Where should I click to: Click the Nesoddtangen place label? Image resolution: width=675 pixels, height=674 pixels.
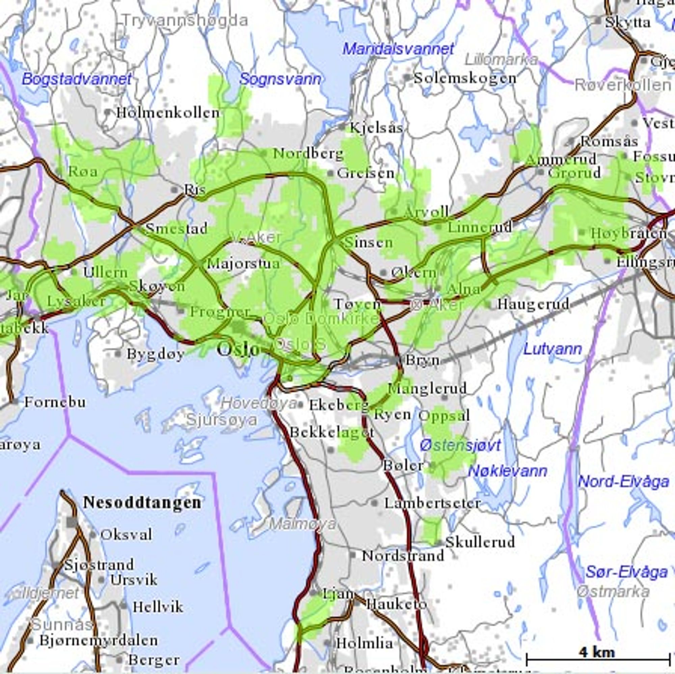142,503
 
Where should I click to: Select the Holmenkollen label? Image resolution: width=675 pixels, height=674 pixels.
168,113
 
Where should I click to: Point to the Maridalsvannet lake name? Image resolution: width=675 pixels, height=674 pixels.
398,49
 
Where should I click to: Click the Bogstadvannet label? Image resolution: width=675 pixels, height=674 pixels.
77,79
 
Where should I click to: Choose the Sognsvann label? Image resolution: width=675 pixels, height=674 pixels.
280,79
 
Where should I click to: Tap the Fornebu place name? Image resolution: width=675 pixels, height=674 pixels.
55,402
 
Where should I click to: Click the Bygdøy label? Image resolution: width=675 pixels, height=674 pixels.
156,354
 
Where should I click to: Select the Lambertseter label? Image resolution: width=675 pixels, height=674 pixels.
433,503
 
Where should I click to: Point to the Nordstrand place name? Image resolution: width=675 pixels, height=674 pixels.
403,555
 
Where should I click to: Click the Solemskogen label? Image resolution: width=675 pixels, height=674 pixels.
465,78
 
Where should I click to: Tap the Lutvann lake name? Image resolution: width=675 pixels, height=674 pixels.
553,349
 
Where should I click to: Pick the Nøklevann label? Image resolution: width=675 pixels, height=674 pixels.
507,471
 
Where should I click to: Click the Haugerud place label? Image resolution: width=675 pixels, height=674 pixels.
533,304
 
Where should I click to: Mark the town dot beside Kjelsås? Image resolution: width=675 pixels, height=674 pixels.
343,127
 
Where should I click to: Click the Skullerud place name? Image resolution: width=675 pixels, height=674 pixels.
480,542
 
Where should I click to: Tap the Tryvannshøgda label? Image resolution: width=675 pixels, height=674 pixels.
185,20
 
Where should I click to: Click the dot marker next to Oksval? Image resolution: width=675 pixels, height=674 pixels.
92,535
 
